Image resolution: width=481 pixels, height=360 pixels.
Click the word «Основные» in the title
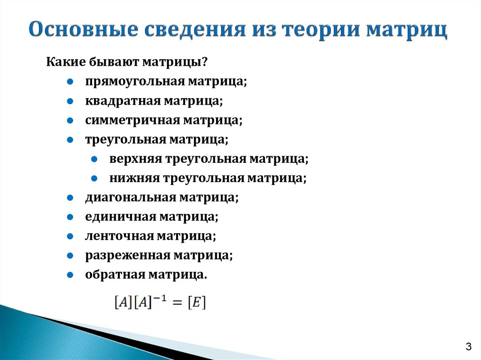84,30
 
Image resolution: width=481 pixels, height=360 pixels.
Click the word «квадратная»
123,101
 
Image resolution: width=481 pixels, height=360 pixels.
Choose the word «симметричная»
132,121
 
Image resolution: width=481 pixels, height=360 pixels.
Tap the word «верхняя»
136,159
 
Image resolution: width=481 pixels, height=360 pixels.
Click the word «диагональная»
131,198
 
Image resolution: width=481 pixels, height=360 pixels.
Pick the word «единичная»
121,217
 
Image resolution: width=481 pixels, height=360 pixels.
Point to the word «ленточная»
119,237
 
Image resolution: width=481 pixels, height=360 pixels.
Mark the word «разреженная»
128,256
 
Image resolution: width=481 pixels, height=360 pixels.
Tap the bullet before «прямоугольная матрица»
70,82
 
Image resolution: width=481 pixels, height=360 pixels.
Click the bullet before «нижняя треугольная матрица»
94,178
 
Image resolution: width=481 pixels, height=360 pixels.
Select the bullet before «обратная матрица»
70,275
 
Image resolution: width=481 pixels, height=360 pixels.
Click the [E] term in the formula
197,302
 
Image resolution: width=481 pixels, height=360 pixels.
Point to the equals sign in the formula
177,303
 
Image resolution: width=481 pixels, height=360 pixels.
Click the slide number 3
468,346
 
